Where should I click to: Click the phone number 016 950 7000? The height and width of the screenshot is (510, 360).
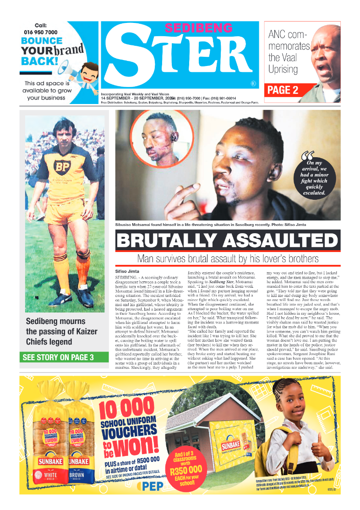click(40, 32)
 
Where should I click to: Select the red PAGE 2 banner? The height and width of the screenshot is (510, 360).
click(283, 90)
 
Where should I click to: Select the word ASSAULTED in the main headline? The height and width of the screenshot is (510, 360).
click(280, 241)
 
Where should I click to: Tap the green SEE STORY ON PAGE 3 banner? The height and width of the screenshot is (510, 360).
click(57, 357)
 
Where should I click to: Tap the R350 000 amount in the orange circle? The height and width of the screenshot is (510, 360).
click(185, 469)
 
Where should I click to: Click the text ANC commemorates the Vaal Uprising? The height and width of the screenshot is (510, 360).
click(289, 52)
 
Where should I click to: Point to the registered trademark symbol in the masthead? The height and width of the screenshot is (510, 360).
click(253, 83)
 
